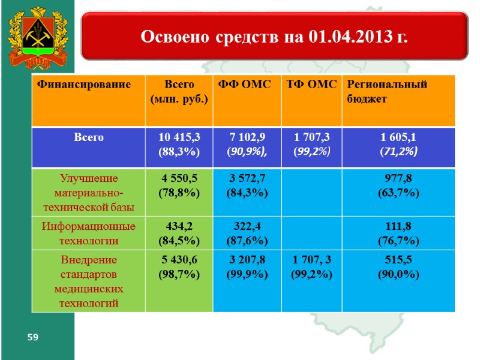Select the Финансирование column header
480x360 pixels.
click(84, 85)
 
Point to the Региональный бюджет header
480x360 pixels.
click(387, 92)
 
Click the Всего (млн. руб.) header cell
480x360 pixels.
click(179, 92)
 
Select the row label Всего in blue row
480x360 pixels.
click(89, 137)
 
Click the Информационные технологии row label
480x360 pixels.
click(88, 233)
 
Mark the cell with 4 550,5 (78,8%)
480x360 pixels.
click(179, 185)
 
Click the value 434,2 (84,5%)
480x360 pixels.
click(179, 233)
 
